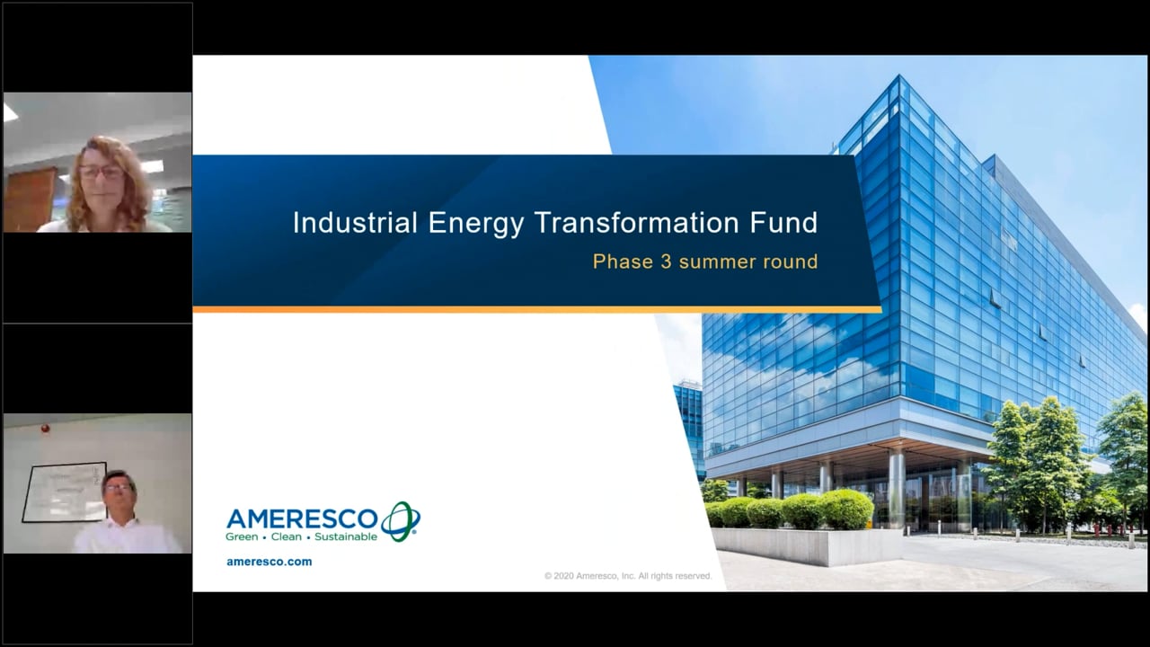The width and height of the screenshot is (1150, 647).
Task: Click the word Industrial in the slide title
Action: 355,223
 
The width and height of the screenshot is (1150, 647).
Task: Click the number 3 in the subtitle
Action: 666,261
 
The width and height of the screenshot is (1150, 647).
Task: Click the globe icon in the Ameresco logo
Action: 401,520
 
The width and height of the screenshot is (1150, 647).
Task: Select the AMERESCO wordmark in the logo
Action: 303,518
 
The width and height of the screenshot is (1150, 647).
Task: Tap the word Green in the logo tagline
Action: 242,537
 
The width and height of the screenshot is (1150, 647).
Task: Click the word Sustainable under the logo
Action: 346,537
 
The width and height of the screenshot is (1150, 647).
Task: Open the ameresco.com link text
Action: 269,562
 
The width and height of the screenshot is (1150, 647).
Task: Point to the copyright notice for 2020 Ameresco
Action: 628,576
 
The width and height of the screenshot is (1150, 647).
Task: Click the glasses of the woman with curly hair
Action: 102,172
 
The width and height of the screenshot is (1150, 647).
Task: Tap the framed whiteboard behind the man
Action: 64,492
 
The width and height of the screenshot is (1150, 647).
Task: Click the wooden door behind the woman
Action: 29,199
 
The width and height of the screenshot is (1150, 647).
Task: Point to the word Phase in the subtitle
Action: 624,261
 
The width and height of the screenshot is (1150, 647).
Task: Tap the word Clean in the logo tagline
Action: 286,537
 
